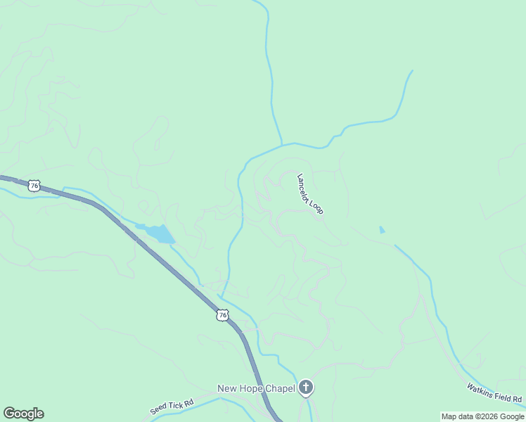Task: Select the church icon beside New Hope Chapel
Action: click(x=305, y=388)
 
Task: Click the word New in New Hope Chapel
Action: click(x=227, y=388)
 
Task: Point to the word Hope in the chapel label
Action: click(x=250, y=388)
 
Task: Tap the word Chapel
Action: click(x=279, y=388)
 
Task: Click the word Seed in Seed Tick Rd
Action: click(x=158, y=409)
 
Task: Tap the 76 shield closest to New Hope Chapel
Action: click(x=222, y=316)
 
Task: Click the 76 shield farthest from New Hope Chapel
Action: click(x=34, y=186)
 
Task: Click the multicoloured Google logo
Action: click(x=23, y=414)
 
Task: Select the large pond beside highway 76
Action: click(x=160, y=233)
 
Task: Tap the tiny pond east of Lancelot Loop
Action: click(x=382, y=229)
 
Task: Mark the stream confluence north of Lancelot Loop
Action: click(x=283, y=145)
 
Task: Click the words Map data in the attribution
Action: click(x=457, y=416)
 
